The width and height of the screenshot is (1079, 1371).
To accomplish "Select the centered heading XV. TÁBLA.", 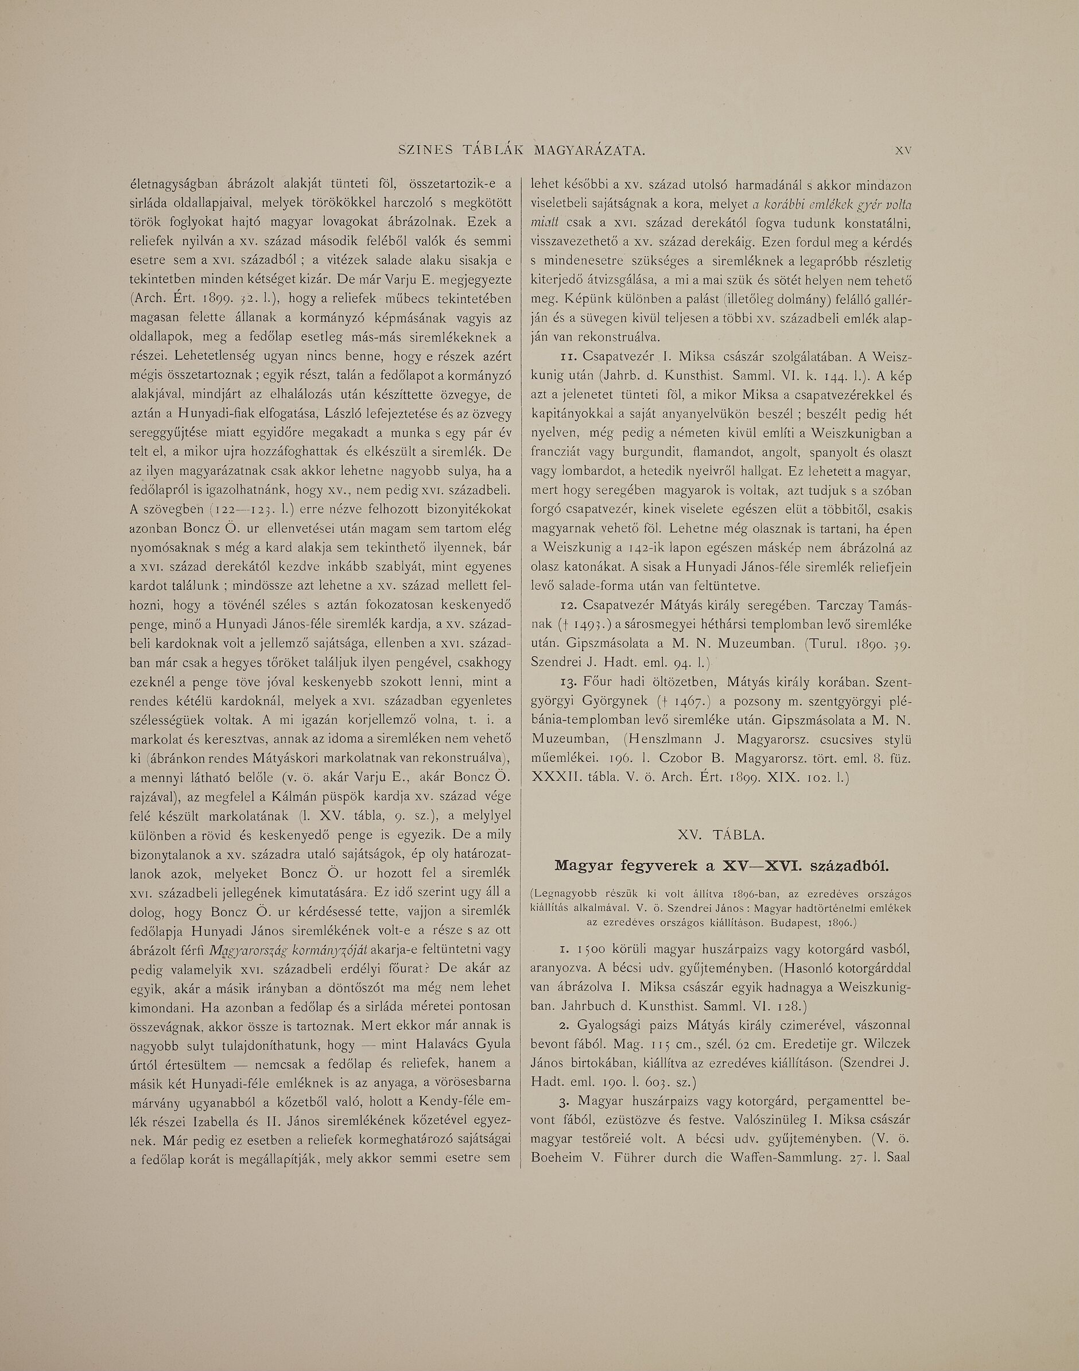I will pos(721,835).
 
